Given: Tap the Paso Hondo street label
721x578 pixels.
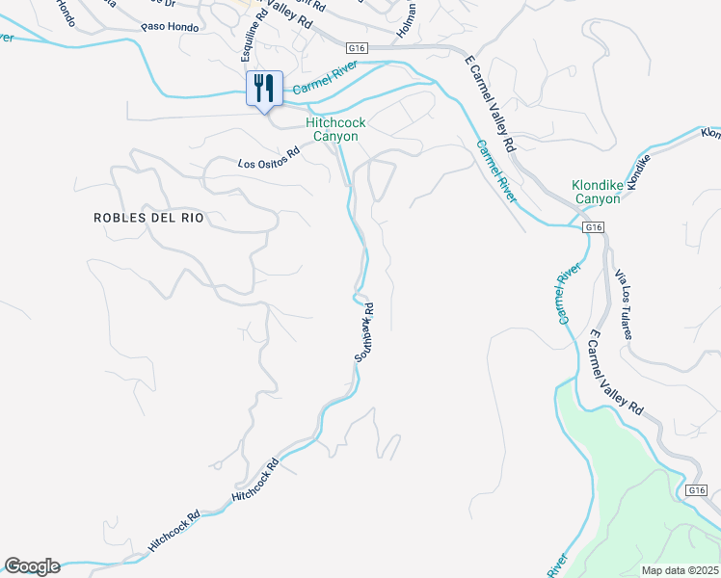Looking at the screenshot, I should [170, 28].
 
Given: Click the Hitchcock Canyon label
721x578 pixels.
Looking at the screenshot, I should [332, 129].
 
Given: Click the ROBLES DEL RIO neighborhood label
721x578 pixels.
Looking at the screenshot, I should [148, 218].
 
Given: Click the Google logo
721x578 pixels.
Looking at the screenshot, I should [32, 566].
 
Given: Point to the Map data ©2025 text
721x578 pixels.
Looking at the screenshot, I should [679, 570].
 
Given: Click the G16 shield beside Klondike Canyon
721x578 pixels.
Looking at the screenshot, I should [594, 227].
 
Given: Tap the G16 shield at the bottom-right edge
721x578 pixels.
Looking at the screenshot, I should [698, 490].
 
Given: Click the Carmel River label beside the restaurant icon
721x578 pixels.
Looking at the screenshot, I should [325, 80].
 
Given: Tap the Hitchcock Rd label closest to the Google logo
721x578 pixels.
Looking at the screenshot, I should [174, 531].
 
